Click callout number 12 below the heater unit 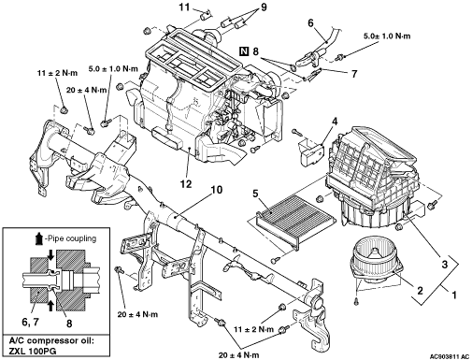click(186, 184)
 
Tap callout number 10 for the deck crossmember click(217, 190)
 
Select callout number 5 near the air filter click(255, 194)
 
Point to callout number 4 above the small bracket click(335, 121)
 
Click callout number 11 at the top click(184, 7)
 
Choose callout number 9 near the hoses click(264, 7)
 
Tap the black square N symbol click(245, 50)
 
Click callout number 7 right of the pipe click(354, 74)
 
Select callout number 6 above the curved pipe click(310, 22)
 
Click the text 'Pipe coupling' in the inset click(71, 238)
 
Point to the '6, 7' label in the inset click(31, 322)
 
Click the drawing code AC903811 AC click(450, 356)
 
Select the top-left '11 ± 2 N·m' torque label click(57, 73)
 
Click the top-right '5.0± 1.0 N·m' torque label click(387, 36)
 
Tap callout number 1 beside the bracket click(454, 295)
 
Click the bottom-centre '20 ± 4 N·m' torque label click(239, 355)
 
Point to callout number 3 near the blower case click(445, 265)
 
